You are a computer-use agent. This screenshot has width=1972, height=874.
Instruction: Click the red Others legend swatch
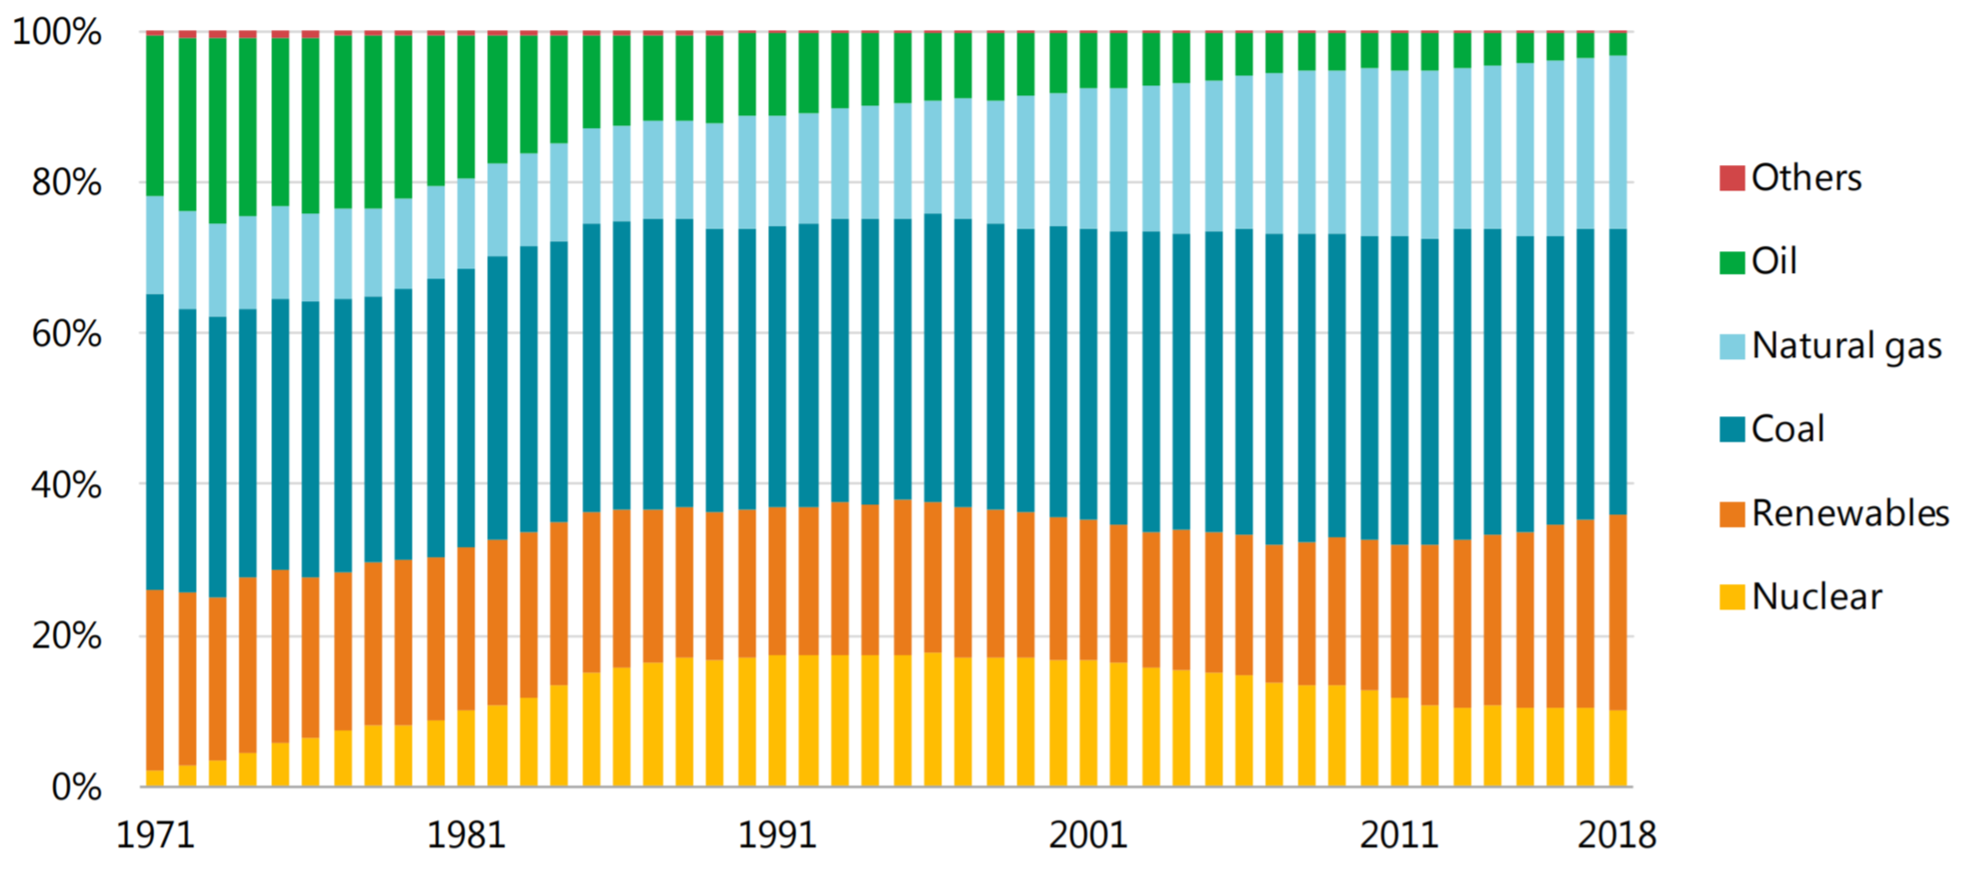click(x=1732, y=179)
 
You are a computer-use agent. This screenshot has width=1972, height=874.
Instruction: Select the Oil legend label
click(x=1774, y=262)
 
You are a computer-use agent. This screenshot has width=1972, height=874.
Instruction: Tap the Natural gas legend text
click(x=1846, y=346)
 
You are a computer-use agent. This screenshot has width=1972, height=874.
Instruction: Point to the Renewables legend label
click(x=1850, y=514)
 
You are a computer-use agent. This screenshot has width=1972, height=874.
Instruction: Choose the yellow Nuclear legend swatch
click(x=1732, y=597)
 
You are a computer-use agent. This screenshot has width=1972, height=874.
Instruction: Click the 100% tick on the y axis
click(x=56, y=33)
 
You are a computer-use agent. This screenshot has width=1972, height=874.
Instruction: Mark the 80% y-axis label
click(x=65, y=183)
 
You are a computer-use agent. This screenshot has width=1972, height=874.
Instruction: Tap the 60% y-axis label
click(x=65, y=335)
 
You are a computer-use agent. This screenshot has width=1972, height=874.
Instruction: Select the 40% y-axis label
click(x=65, y=486)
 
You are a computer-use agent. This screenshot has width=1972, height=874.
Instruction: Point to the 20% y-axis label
click(x=65, y=636)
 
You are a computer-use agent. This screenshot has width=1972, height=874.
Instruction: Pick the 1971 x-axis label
click(x=155, y=835)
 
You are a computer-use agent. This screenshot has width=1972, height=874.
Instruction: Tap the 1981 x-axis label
click(x=466, y=835)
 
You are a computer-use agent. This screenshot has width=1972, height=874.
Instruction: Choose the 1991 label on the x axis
click(x=777, y=835)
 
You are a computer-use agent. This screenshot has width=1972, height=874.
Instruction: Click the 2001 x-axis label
click(x=1088, y=835)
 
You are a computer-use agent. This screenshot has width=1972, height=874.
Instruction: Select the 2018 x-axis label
click(x=1617, y=835)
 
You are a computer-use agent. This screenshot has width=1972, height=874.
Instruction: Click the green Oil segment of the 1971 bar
click(x=155, y=115)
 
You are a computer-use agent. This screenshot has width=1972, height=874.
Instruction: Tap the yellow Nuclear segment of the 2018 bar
click(x=1617, y=748)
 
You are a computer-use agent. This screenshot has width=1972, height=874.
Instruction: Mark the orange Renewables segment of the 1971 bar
click(x=155, y=680)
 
